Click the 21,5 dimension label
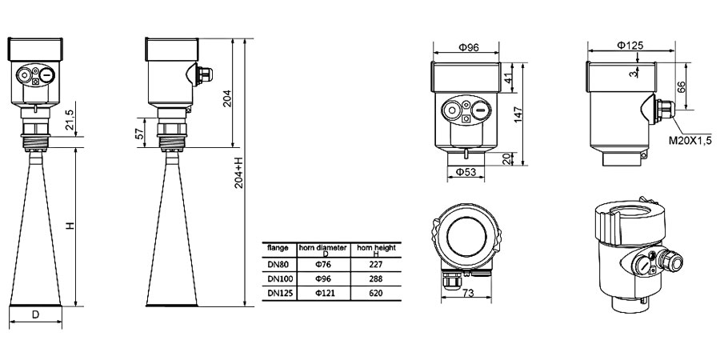(70, 120)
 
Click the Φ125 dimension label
(630, 46)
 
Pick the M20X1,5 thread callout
(690, 142)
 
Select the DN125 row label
(278, 294)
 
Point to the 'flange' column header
(277, 248)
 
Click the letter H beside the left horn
(70, 227)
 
